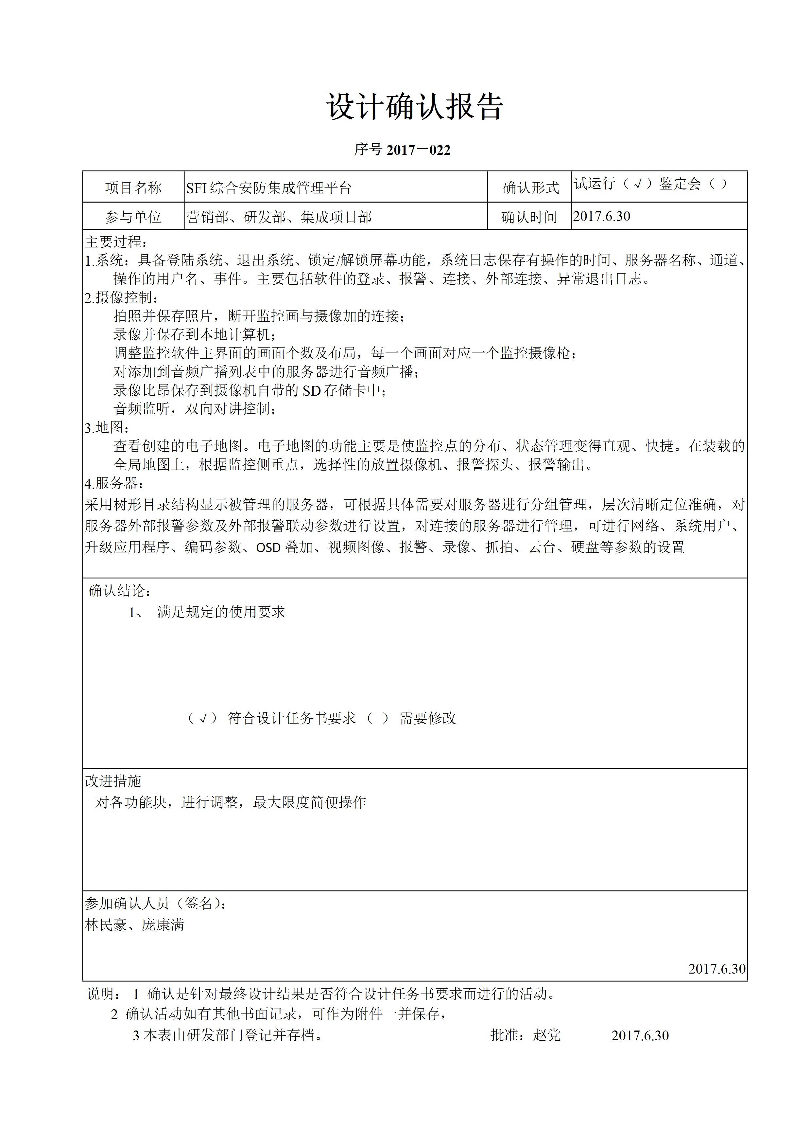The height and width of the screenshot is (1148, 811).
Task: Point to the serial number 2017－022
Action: pyautogui.click(x=419, y=150)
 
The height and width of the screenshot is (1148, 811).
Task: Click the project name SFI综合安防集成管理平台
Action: pyautogui.click(x=269, y=188)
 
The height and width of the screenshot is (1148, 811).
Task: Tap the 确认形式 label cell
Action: pyautogui.click(x=530, y=188)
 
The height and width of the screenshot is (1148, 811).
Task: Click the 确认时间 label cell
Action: pyautogui.click(x=529, y=217)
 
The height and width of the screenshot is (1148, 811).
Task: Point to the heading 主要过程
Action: pyautogui.click(x=116, y=242)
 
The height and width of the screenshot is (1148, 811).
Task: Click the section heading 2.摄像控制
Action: pyautogui.click(x=121, y=297)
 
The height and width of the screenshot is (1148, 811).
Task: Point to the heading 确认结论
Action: pyautogui.click(x=119, y=590)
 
